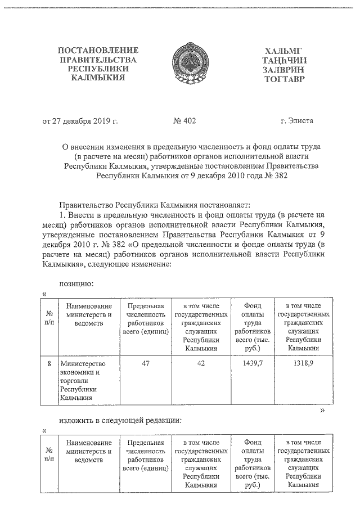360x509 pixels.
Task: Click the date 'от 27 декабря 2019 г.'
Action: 80,120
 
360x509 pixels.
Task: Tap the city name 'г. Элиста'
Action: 297,120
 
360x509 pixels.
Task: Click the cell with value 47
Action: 146,364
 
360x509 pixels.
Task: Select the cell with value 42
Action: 201,364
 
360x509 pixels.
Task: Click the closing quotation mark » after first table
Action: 322,411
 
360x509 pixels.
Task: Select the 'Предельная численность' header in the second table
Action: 146,458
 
